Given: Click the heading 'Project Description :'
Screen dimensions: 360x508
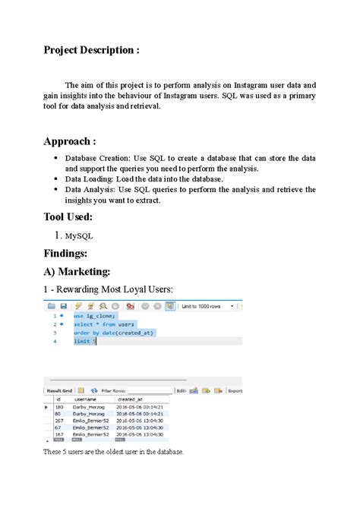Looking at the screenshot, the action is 91,51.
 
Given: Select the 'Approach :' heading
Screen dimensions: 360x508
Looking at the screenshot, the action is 70,141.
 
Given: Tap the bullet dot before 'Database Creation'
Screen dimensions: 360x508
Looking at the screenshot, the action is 56,158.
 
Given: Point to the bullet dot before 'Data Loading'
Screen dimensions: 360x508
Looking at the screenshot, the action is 56,179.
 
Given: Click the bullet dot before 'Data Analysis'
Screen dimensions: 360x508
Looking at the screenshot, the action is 56,190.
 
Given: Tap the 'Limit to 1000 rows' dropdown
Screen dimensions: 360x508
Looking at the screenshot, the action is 204,307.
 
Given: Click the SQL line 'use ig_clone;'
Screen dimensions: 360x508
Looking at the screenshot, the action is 96,315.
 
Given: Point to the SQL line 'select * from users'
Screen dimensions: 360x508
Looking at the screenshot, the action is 105,324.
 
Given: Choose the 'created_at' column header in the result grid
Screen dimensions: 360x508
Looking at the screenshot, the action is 130,398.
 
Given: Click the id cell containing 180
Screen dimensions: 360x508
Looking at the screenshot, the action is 58,407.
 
